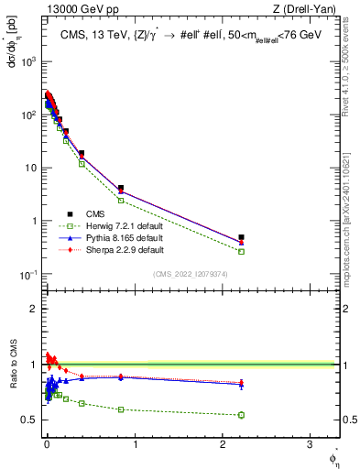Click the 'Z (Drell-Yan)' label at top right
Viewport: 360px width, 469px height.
306,10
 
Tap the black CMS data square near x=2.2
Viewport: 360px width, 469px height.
241,237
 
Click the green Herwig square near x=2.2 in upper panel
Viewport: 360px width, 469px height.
241,251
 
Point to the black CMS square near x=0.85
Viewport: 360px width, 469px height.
121,188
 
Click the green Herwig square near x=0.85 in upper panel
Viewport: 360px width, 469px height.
121,200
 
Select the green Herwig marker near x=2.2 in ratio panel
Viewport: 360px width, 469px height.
241,415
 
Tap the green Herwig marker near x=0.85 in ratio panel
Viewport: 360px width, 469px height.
121,409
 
